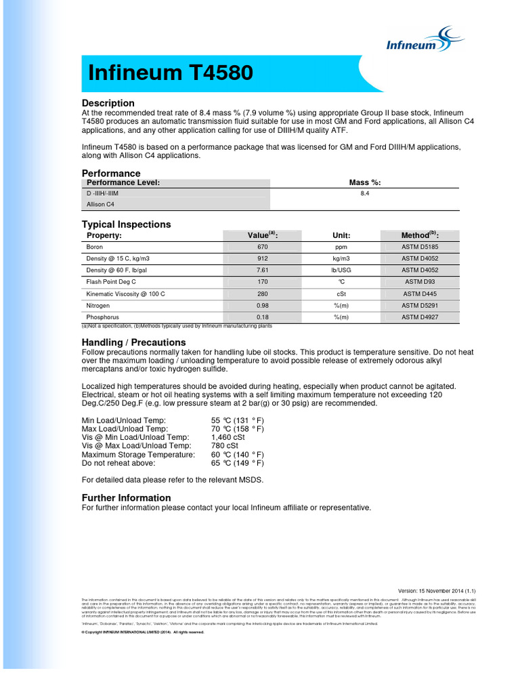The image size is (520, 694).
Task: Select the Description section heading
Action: click(x=108, y=103)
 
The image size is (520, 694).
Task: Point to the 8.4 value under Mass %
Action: click(x=364, y=193)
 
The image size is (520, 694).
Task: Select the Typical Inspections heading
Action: click(x=127, y=224)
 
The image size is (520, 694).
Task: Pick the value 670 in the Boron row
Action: click(x=263, y=247)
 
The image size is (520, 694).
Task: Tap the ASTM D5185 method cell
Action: click(x=420, y=247)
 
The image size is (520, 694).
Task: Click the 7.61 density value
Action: click(x=263, y=270)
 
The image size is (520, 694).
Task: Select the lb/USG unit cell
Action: click(x=341, y=270)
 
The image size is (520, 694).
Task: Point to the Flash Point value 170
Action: click(x=263, y=281)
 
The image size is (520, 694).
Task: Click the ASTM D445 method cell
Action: click(x=420, y=293)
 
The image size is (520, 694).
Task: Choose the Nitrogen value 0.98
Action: click(x=263, y=305)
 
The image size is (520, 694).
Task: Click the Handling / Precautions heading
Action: click(x=133, y=342)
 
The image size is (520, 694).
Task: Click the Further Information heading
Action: click(x=126, y=497)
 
